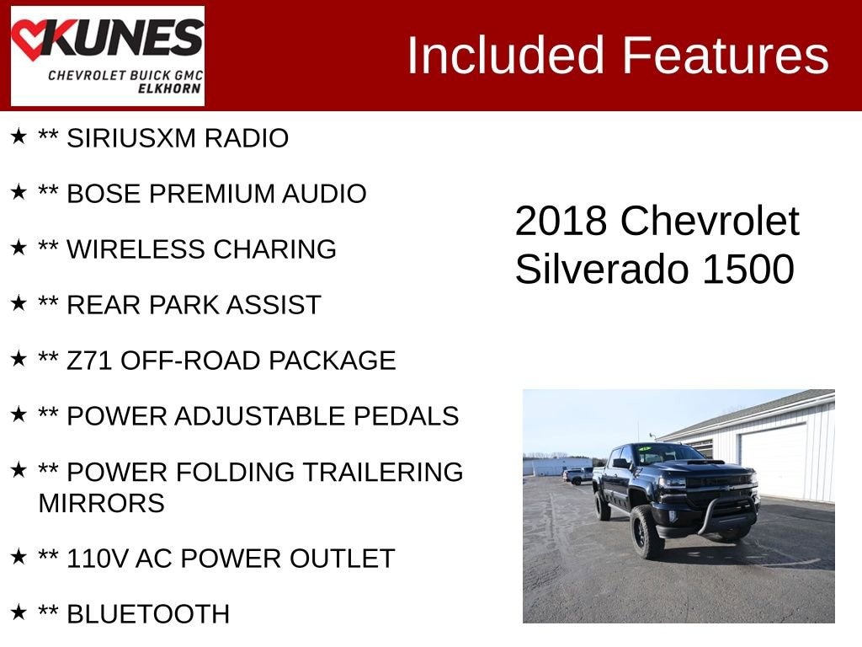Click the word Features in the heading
(x=726, y=56)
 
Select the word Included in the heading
(x=506, y=56)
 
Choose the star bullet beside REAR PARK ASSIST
(x=19, y=303)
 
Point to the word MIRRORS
(x=101, y=504)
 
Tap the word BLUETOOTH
(x=148, y=614)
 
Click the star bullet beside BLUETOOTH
(x=19, y=612)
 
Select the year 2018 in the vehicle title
(x=561, y=222)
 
